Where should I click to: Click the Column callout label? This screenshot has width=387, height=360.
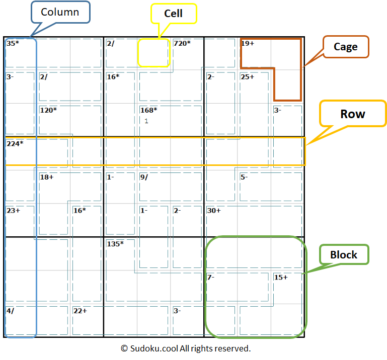pos(60,12)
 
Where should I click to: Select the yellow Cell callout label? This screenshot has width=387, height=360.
pos(174,14)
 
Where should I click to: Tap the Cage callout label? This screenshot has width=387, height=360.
pos(346,47)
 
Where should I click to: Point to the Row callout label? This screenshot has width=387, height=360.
pos(353,114)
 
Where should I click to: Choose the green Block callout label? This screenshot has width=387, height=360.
pos(344,255)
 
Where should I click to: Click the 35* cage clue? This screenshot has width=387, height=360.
pos(13,44)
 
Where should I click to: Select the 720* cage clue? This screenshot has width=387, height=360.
pos(182,44)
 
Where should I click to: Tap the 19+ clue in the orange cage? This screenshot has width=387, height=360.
pos(248,44)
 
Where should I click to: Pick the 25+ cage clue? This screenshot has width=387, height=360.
pos(248,77)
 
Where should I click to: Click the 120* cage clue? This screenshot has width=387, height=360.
pos(48,110)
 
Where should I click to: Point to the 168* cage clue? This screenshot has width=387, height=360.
pos(148,110)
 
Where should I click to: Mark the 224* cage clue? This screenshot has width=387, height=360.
pos(15,144)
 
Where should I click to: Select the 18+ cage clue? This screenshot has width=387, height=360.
pos(47,177)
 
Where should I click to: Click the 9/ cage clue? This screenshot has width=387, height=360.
pos(144,177)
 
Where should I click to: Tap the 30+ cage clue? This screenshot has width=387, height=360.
pos(214,211)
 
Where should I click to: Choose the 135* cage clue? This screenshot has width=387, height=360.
pos(115,244)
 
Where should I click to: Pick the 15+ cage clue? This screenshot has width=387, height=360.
pos(281,278)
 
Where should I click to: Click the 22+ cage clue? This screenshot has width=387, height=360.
pos(80,311)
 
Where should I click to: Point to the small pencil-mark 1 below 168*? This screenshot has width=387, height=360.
pos(146,121)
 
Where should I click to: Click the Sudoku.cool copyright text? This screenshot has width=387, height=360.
pos(186,348)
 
